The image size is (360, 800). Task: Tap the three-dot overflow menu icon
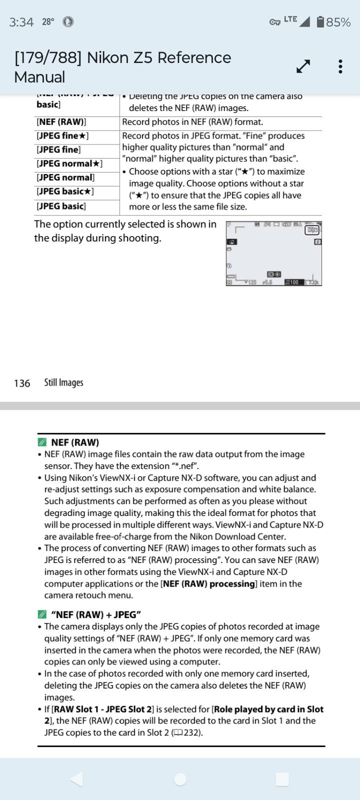[340, 66]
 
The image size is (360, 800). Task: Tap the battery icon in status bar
[321, 22]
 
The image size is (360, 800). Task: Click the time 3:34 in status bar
[21, 22]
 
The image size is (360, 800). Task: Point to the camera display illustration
[273, 253]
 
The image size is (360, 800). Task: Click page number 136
[22, 383]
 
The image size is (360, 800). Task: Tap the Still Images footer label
[63, 382]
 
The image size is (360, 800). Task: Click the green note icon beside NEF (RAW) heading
[42, 442]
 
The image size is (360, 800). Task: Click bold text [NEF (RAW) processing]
[208, 584]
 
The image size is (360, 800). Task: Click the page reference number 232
[192, 733]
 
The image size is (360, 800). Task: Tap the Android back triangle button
[76, 779]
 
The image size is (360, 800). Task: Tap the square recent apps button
[282, 779]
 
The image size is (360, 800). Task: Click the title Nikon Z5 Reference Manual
[122, 67]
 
